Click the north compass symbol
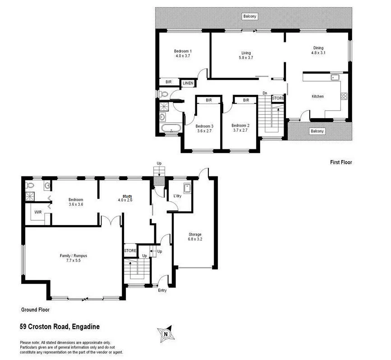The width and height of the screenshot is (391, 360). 166,334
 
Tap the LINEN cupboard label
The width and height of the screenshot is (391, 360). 188,83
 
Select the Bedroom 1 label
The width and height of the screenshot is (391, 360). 183,51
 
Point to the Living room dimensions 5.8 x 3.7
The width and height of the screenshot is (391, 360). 245,58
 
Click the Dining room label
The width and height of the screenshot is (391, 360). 318,48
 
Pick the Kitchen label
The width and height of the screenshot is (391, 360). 317,96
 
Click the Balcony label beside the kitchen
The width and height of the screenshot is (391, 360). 317,131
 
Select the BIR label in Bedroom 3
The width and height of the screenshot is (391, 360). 209,100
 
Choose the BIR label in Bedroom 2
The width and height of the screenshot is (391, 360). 246,100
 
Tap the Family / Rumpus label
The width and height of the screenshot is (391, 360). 73,256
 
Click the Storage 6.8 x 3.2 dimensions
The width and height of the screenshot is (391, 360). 195,240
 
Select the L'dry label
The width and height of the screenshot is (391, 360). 177,196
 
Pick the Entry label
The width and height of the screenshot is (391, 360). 162,290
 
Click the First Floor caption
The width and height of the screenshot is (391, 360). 340,162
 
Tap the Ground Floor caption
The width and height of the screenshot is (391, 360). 35,310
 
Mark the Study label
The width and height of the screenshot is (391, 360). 127,195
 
